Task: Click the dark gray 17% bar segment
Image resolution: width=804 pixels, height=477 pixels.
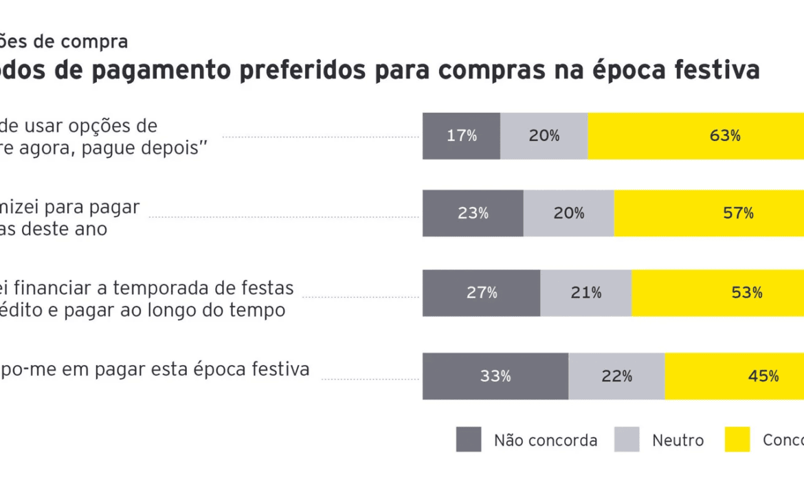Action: pos(461,136)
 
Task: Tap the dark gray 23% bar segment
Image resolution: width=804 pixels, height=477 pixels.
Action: pos(473,213)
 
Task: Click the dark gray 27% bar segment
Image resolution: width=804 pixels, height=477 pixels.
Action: pos(481,293)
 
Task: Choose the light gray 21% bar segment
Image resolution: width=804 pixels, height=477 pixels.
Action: pos(585,293)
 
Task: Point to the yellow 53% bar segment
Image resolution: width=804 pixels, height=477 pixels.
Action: pos(717,293)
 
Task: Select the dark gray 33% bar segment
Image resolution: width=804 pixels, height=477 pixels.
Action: pos(495,376)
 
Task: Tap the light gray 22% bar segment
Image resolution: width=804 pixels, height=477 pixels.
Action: pos(616,376)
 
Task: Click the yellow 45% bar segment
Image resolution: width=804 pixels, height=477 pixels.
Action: pos(734,376)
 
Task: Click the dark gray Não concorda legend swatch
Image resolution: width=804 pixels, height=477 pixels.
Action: pos(469,440)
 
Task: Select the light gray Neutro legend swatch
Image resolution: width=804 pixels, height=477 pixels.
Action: pos(627,440)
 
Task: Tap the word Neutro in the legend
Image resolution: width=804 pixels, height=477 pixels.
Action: pos(678,441)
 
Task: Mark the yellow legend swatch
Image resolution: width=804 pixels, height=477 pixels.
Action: pos(737,440)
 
